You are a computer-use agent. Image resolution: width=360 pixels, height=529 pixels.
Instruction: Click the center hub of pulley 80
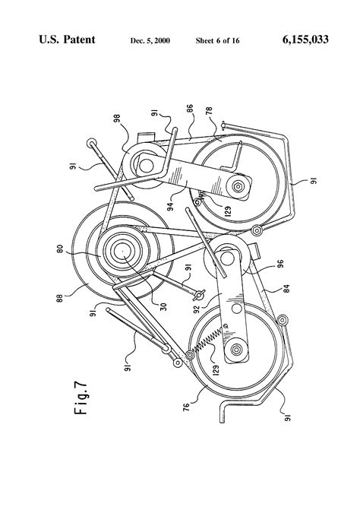tap(122, 249)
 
